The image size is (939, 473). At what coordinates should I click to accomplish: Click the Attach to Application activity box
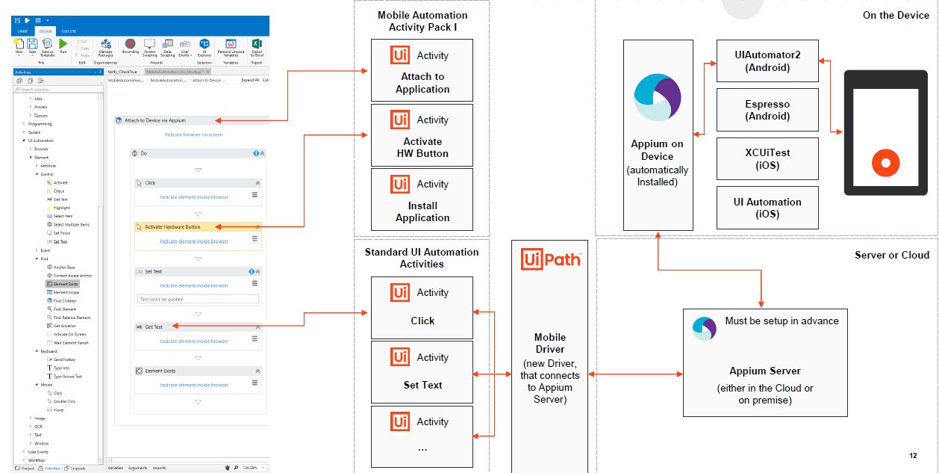click(x=422, y=70)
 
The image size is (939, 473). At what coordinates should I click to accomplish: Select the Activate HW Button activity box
click(x=422, y=135)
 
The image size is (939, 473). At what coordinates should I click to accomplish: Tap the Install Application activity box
click(x=422, y=199)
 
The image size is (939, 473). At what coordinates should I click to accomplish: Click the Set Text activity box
click(x=422, y=371)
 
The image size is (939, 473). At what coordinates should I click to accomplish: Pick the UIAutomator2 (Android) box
click(x=767, y=61)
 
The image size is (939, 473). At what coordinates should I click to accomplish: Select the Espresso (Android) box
click(x=767, y=110)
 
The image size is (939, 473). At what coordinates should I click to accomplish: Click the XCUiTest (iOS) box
click(x=767, y=158)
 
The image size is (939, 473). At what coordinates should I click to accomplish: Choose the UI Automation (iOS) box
click(x=767, y=207)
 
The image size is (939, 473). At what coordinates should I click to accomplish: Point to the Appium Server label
click(x=765, y=371)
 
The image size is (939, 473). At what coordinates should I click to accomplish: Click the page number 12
click(x=914, y=455)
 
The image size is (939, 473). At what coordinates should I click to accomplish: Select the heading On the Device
click(x=896, y=15)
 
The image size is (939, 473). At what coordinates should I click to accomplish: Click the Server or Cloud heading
click(x=892, y=255)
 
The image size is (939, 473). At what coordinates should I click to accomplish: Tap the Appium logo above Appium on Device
click(x=658, y=98)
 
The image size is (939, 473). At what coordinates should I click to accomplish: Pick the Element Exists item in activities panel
click(x=65, y=284)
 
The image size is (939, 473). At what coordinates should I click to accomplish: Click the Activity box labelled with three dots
click(x=422, y=436)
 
